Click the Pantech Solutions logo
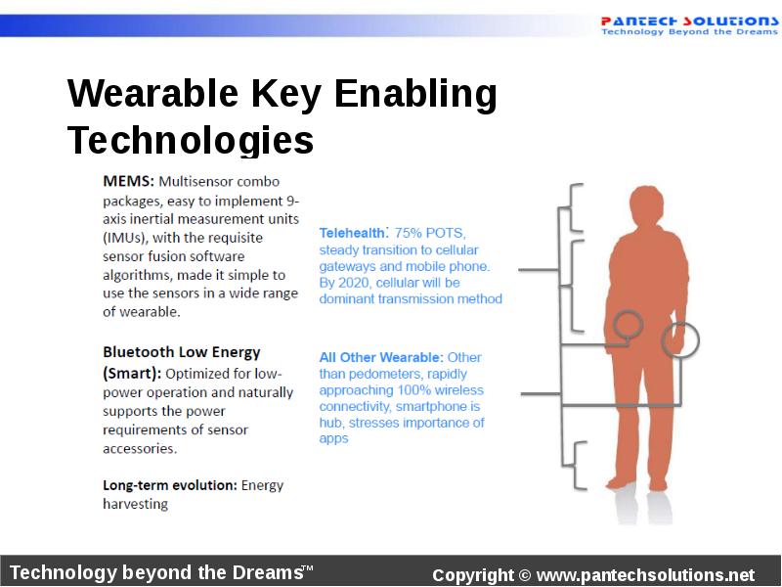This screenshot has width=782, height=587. pyautogui.click(x=689, y=24)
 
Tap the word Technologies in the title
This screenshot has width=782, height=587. pyautogui.click(x=191, y=141)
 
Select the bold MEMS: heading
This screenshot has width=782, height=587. pyautogui.click(x=128, y=182)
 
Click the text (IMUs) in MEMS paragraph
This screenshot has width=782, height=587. pyautogui.click(x=126, y=237)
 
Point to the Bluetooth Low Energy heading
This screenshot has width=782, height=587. pyautogui.click(x=181, y=352)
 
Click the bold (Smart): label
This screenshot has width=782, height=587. pyautogui.click(x=132, y=374)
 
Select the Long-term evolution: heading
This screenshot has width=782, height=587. pyautogui.click(x=169, y=485)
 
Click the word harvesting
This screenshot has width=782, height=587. pyautogui.click(x=135, y=504)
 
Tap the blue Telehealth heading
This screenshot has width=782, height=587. pyautogui.click(x=353, y=233)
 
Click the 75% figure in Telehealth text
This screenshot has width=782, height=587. pyautogui.click(x=411, y=233)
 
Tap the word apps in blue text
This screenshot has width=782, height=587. pyautogui.click(x=333, y=439)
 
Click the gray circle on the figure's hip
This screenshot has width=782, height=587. pyautogui.click(x=627, y=324)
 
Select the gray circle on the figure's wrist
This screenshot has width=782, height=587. pyautogui.click(x=680, y=339)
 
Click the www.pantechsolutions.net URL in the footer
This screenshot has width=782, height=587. pyautogui.click(x=645, y=575)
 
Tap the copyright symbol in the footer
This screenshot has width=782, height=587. pyautogui.click(x=525, y=575)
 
